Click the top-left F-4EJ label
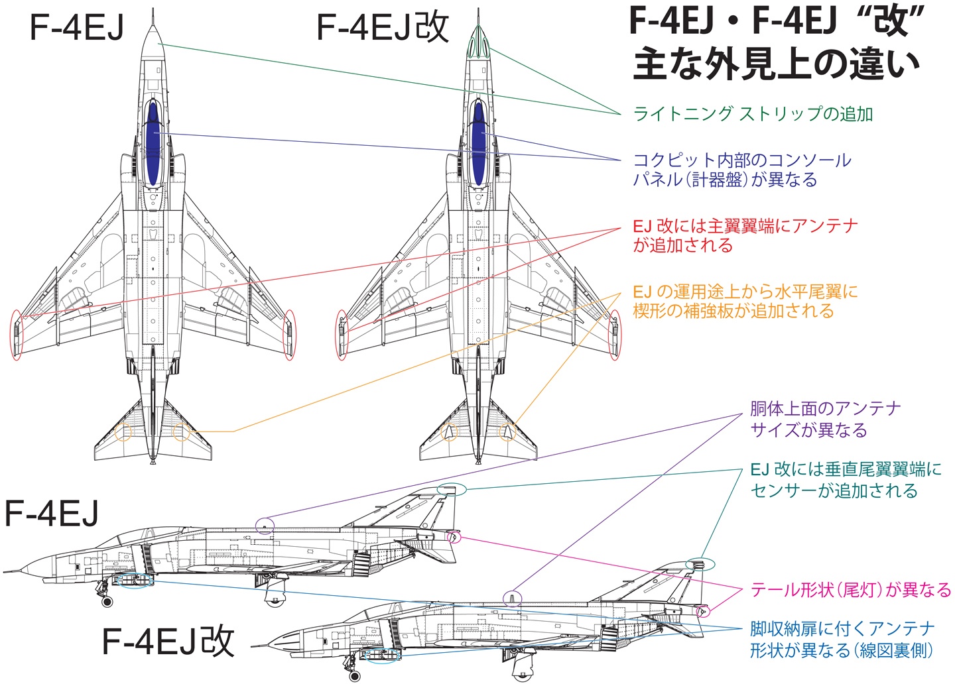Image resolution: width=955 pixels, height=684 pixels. click(77, 28)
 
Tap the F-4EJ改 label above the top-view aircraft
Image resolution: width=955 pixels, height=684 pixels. click(383, 27)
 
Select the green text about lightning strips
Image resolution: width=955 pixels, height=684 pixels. click(753, 114)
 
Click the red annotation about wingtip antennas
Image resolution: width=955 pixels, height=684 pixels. click(745, 236)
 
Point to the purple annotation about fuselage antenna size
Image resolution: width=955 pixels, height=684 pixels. click(826, 420)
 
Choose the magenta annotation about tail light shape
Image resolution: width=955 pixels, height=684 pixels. click(850, 590)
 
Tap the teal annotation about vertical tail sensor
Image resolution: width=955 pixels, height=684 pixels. click(846, 480)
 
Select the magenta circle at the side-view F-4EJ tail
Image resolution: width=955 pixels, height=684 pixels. click(454, 538)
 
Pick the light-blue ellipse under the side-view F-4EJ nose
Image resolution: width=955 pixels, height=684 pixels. click(135, 581)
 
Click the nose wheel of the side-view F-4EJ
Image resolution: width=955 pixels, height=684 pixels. click(107, 601)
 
